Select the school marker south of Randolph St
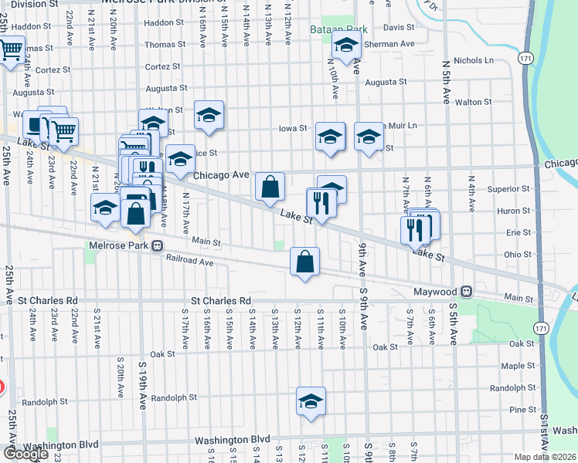click(311, 402)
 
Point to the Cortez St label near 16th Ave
click(161, 68)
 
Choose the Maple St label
click(518, 366)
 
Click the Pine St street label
click(523, 410)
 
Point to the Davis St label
click(399, 27)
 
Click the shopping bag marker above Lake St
click(270, 188)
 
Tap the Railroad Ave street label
click(189, 262)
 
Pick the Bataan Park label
click(345, 29)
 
